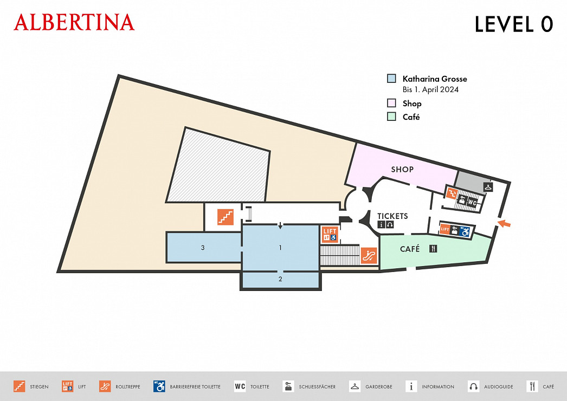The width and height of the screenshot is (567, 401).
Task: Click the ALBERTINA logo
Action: pyautogui.click(x=74, y=22)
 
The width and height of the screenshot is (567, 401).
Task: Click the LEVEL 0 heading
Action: pyautogui.click(x=513, y=24)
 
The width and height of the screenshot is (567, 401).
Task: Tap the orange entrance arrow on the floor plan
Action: pyautogui.click(x=504, y=223)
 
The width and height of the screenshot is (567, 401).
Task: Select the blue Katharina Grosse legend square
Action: pyautogui.click(x=391, y=79)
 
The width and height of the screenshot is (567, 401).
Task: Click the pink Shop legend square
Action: pyautogui.click(x=391, y=103)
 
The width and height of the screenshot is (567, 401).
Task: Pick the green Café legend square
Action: pyautogui.click(x=391, y=117)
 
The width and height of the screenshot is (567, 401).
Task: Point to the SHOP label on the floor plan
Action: pyautogui.click(x=402, y=169)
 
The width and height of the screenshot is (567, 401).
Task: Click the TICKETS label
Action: pyautogui.click(x=392, y=216)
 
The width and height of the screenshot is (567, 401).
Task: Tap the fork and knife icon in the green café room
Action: pyautogui.click(x=433, y=249)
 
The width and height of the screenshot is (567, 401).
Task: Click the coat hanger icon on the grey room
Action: pyautogui.click(x=488, y=187)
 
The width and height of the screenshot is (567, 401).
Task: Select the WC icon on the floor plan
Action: pyautogui.click(x=472, y=202)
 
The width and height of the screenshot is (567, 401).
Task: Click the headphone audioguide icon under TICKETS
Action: pyautogui.click(x=389, y=224)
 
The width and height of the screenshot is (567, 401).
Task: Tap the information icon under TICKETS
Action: pyautogui.click(x=381, y=224)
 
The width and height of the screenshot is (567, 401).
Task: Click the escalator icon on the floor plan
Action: pyautogui.click(x=369, y=255)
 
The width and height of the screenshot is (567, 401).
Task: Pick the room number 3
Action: pyautogui.click(x=203, y=248)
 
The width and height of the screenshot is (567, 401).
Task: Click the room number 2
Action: pyautogui.click(x=280, y=280)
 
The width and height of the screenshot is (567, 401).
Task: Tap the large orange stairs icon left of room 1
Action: pyautogui.click(x=225, y=216)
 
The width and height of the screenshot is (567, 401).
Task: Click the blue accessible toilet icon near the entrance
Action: pyautogui.click(x=465, y=231)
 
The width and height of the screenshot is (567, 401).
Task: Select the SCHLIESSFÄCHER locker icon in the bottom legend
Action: pyautogui.click(x=288, y=386)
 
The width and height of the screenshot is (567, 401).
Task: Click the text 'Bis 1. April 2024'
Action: pyautogui.click(x=430, y=89)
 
